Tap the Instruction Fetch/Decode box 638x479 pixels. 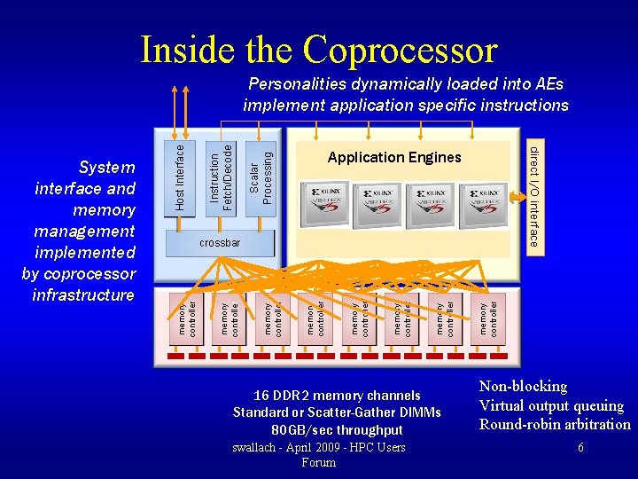(221, 174)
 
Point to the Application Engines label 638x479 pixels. (394, 157)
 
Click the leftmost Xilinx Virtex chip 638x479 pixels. (327, 203)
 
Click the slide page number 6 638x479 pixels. (580, 448)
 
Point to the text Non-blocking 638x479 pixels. (523, 386)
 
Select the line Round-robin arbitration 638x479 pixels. (555, 424)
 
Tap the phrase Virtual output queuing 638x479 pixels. (551, 405)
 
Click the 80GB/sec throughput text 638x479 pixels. (338, 430)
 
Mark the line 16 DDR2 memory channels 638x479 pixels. (338, 395)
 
